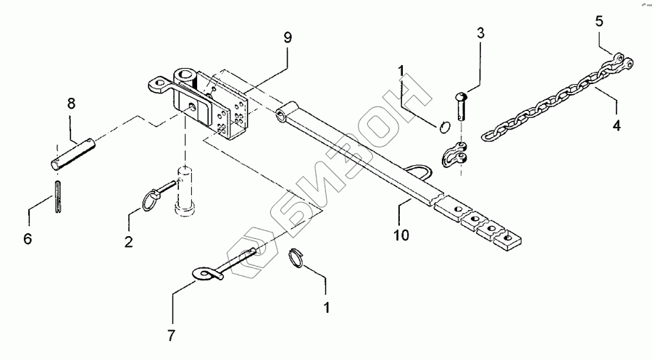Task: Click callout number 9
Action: (288, 38)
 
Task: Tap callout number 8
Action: (71, 104)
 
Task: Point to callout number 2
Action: (128, 243)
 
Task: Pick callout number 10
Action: (401, 235)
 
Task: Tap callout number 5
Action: (598, 22)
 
